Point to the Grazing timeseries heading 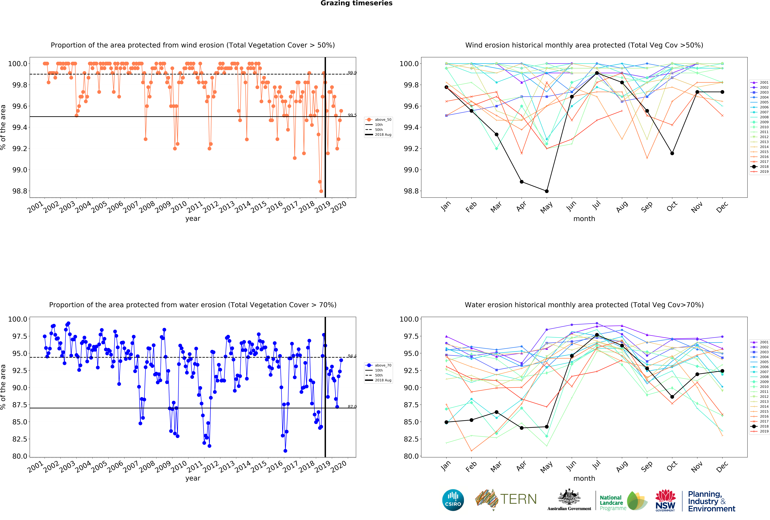(357, 3)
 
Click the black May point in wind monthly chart (547, 191)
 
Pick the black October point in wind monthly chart (672, 153)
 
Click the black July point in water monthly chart (597, 335)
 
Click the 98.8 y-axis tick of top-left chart (20, 191)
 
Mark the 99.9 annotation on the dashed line (352, 73)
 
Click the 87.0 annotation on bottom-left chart (352, 406)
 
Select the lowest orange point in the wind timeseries (321, 191)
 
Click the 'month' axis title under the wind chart (584, 219)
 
